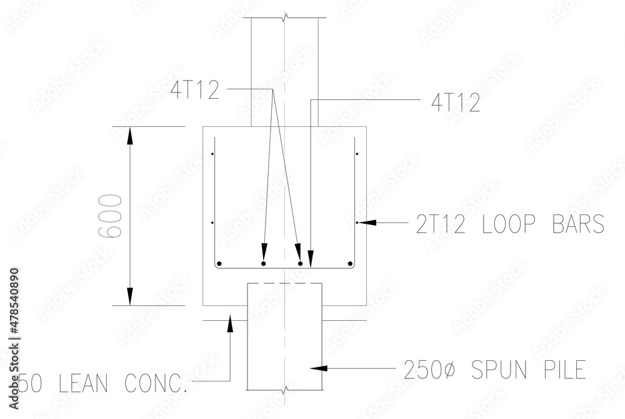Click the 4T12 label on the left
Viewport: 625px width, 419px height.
[x=195, y=91]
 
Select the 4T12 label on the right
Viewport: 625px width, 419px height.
[x=456, y=103]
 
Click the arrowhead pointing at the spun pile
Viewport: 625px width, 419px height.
[x=317, y=368]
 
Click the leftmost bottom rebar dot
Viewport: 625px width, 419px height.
[x=219, y=264]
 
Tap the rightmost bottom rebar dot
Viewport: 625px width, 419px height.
[x=350, y=264]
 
